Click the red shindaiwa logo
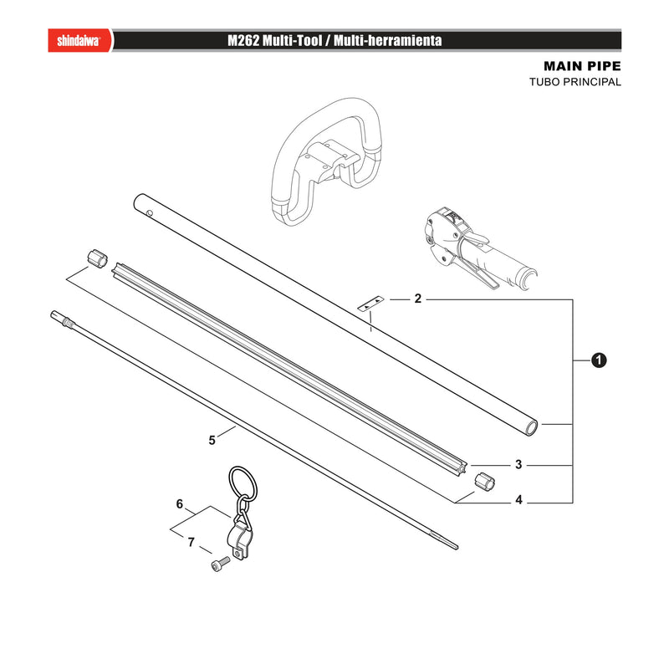point(79,40)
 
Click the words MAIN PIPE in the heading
point(582,66)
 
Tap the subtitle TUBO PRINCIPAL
point(575,82)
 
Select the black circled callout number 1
point(599,360)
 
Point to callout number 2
point(417,299)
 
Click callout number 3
point(518,464)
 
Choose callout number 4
point(518,499)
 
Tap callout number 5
point(212,440)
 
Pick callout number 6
point(180,504)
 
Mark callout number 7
point(192,542)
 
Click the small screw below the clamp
point(220,564)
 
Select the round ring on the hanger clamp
point(243,484)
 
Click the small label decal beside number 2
point(370,304)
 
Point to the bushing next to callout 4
point(484,482)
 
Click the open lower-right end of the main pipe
point(531,427)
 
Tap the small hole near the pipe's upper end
point(149,212)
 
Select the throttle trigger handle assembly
point(477,249)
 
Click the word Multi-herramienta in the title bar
point(387,40)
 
